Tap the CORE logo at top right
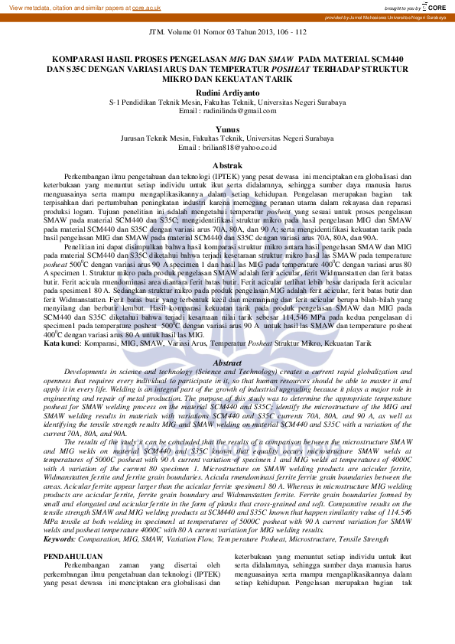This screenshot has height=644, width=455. [x=437, y=7]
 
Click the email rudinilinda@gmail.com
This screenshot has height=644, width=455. [x=227, y=111]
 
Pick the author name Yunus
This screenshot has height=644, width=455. [x=228, y=129]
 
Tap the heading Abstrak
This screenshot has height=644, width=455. [x=227, y=165]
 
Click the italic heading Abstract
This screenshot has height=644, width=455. [x=227, y=363]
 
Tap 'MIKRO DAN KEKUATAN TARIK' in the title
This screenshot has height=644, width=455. [x=227, y=78]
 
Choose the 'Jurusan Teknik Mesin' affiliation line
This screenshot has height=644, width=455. [x=227, y=138]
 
